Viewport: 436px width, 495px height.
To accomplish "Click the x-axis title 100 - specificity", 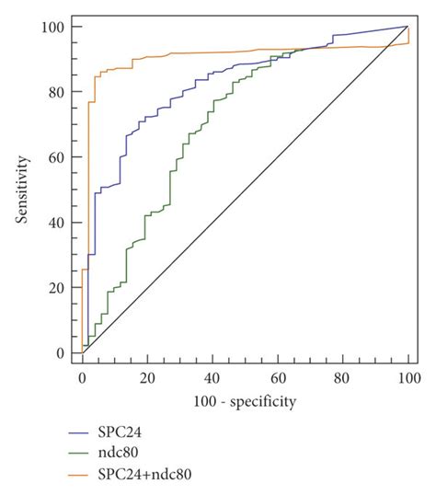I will [x=245, y=401].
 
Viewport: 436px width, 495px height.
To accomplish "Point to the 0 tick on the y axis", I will [x=62, y=353].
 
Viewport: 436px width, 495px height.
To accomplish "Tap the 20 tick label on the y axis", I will [x=58, y=288].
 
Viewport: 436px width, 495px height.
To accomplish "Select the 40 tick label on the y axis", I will [x=58, y=223].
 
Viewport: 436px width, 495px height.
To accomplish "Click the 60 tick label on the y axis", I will [x=58, y=157].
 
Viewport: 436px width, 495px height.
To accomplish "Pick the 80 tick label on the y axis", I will [x=58, y=92].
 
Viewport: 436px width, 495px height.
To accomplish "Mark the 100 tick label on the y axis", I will [x=55, y=27].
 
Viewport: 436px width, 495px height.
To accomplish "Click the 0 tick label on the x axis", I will [x=82, y=379].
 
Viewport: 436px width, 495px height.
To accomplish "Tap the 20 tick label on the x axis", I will [x=147, y=379].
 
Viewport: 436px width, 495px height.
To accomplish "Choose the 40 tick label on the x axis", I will [x=212, y=379].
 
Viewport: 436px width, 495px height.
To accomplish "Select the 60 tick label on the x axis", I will [x=278, y=379].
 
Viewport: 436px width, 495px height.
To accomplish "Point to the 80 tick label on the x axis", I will [x=343, y=379].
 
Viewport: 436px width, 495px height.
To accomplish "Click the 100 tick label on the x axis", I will [x=408, y=379].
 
